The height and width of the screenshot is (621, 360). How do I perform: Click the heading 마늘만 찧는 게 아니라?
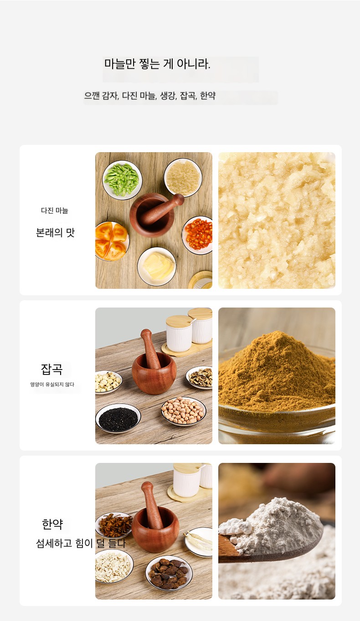coord(157,64)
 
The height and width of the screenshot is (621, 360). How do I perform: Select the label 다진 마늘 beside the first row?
coord(55,210)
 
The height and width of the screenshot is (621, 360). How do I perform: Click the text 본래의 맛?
coord(56,232)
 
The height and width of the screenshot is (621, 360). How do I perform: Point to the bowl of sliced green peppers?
coord(122,180)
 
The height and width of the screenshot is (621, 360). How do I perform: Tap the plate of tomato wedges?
coord(112,241)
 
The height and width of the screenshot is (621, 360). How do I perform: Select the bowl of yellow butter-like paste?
coord(157,266)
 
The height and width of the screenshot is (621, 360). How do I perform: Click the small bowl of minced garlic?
coord(183,177)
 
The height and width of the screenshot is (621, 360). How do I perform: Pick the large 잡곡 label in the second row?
coord(52,369)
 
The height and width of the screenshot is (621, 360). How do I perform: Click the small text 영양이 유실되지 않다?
coord(52,384)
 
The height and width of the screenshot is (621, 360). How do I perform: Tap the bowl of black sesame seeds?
coord(118,418)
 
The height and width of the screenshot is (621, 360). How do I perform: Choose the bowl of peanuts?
coord(184,411)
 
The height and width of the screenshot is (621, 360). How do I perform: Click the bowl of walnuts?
coord(200,377)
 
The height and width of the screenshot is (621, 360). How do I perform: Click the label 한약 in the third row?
coord(52,524)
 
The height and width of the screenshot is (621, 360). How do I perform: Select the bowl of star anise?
coord(114,525)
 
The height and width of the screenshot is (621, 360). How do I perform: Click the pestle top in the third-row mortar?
coord(147,487)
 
